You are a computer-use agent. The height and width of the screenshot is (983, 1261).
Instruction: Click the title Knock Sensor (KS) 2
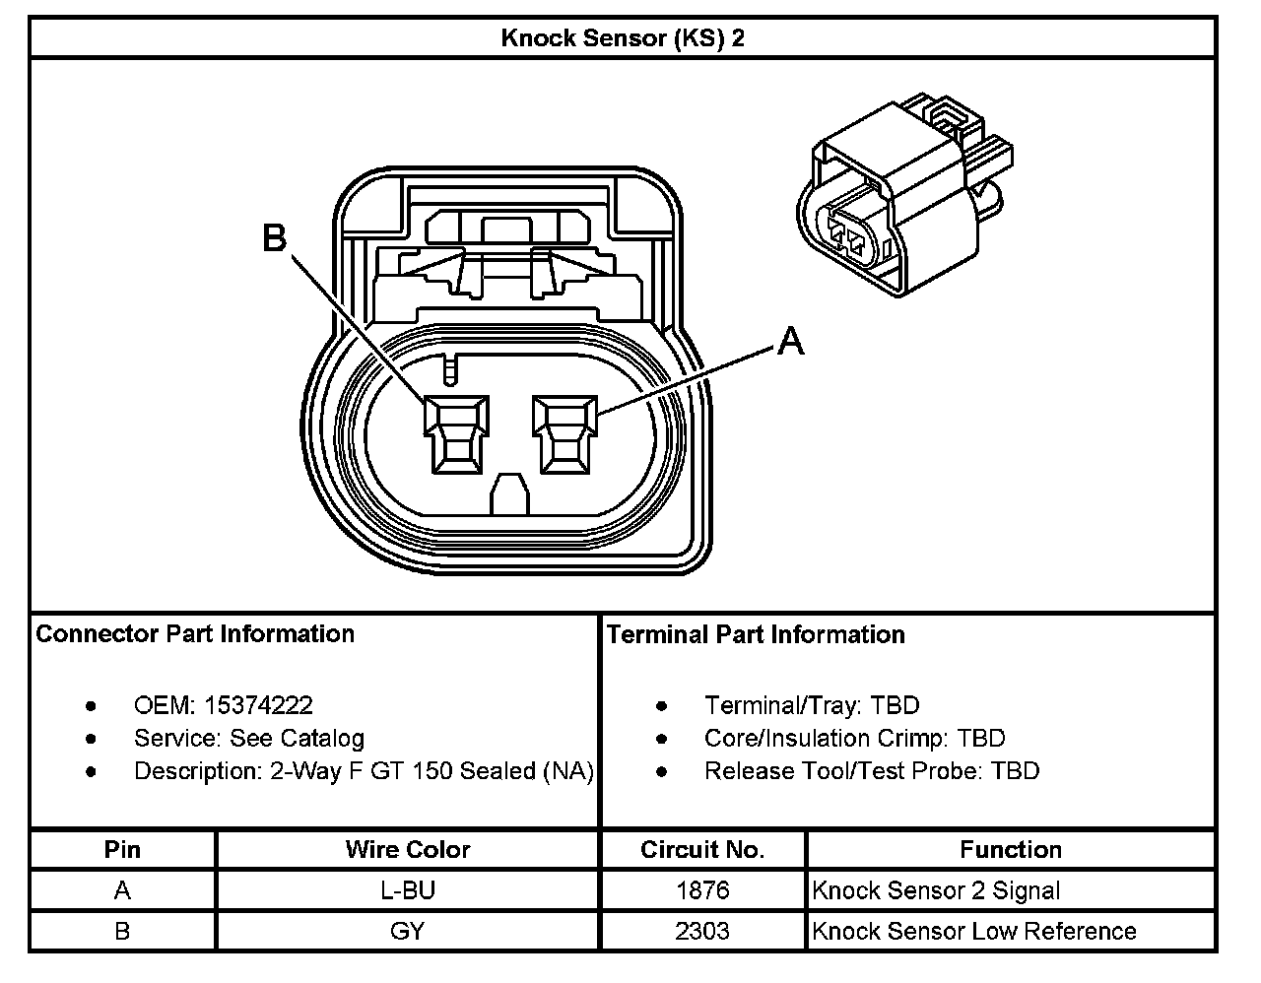(622, 38)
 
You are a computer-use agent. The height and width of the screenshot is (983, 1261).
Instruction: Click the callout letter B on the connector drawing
(275, 238)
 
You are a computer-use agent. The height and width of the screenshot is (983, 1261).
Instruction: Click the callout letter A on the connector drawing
(790, 342)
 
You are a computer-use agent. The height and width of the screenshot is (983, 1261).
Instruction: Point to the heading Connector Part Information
(195, 633)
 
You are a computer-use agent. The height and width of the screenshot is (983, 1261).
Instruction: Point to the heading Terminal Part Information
(756, 634)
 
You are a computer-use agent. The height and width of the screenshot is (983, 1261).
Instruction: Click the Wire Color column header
(407, 849)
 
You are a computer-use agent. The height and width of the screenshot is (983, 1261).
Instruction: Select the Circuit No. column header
(701, 849)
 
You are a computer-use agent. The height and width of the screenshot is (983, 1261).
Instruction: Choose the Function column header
(1010, 849)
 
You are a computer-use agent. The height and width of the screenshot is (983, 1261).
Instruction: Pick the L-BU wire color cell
(407, 890)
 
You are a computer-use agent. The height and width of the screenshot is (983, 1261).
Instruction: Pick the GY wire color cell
(407, 931)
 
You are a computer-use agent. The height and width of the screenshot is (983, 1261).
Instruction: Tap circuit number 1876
(701, 890)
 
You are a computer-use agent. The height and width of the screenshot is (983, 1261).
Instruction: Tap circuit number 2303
(701, 931)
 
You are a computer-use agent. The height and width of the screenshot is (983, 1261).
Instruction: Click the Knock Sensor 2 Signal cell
(936, 890)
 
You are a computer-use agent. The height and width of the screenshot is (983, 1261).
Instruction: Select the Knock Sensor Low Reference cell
(973, 931)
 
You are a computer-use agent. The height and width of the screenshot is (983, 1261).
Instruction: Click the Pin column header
(122, 849)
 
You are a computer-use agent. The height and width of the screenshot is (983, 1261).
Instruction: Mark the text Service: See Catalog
(248, 738)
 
